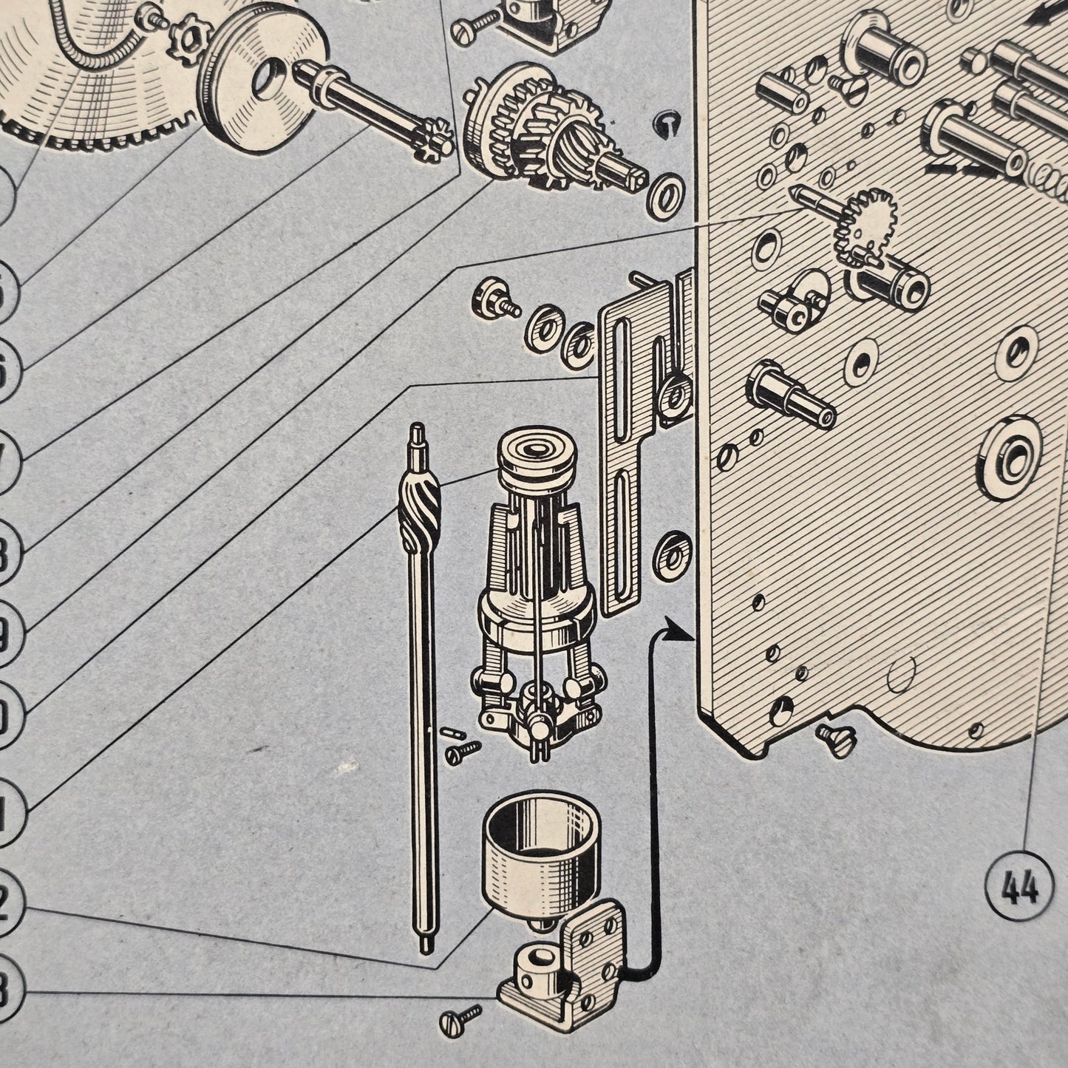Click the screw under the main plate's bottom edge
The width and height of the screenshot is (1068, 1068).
(x=837, y=738)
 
